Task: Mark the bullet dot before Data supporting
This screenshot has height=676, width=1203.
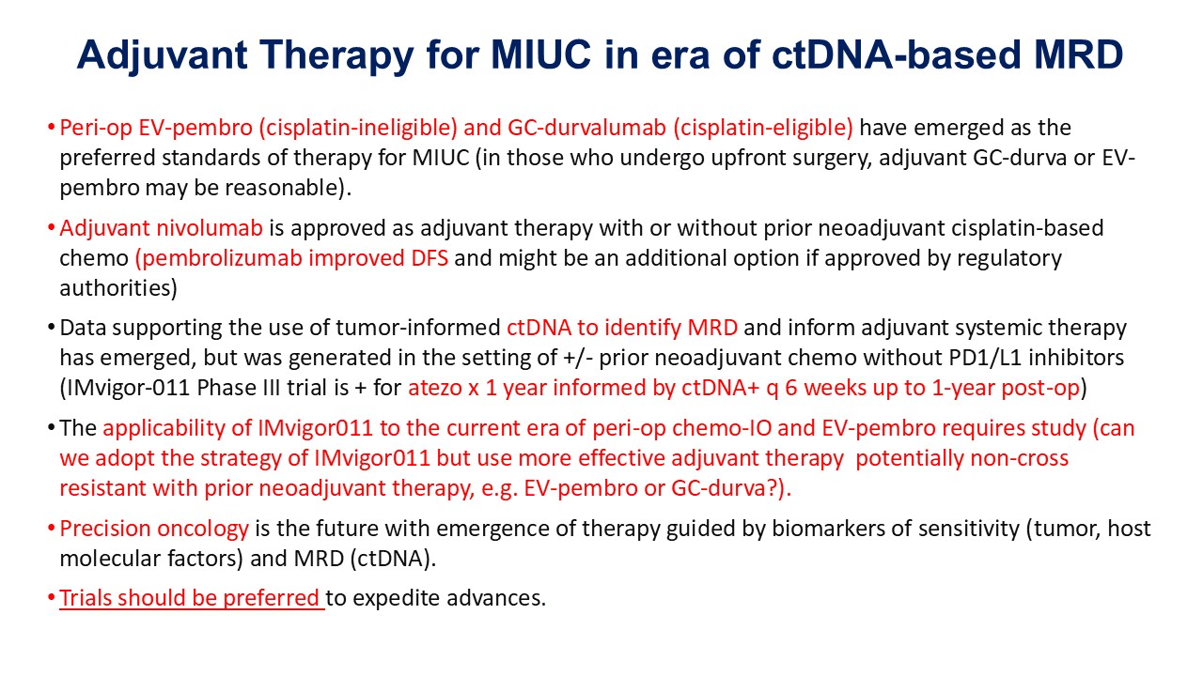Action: click(x=51, y=328)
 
